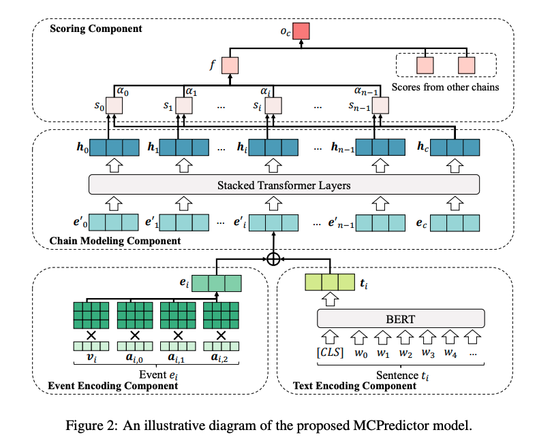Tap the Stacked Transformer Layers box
tap(285, 184)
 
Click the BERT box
tap(401, 318)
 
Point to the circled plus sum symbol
tap(273, 259)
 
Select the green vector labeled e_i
tap(217, 282)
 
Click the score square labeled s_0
tap(114, 106)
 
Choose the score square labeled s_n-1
tap(380, 106)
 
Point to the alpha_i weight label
tap(266, 90)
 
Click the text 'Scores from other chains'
tap(446, 86)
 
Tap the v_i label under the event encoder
tap(90, 357)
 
